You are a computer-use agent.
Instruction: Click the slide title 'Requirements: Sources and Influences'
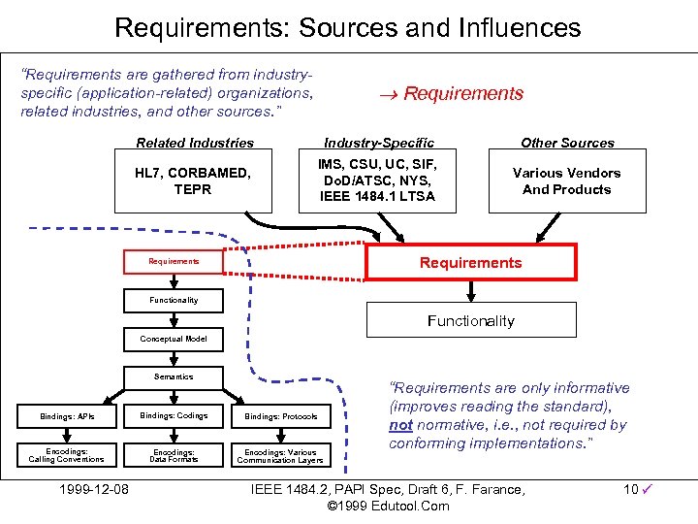[x=348, y=26]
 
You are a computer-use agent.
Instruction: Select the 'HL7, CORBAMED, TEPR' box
[x=193, y=181]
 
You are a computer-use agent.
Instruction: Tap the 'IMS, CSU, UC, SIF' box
[x=378, y=181]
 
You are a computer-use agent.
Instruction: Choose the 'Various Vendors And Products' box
[x=567, y=181]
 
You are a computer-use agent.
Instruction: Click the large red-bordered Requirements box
[x=470, y=263]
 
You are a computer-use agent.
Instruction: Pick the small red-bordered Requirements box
[x=174, y=262]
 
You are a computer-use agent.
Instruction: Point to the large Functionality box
[x=470, y=320]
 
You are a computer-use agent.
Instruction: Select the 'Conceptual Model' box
[x=174, y=340]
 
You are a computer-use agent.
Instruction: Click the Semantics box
[x=174, y=377]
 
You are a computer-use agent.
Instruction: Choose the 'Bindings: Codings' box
[x=174, y=416]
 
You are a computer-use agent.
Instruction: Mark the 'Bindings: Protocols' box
[x=281, y=416]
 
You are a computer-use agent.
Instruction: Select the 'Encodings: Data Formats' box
[x=174, y=455]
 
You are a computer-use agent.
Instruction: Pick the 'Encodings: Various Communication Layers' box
[x=281, y=455]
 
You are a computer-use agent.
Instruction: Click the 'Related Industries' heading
[x=195, y=143]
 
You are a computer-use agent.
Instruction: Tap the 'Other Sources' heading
[x=567, y=143]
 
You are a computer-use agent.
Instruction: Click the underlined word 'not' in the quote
[x=400, y=425]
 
